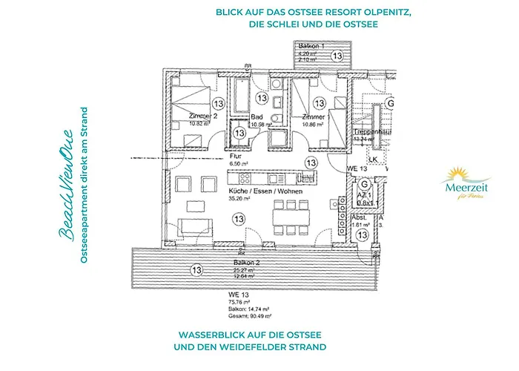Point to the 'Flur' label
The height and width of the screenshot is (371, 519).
pos(236,157)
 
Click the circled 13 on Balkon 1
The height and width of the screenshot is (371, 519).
pos(337,55)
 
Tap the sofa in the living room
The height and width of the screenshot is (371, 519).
pos(196,229)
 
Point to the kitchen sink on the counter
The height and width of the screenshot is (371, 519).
pos(303,180)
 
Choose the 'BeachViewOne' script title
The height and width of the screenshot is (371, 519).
pos(66,200)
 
